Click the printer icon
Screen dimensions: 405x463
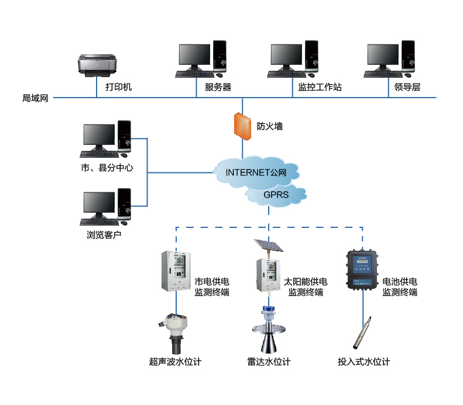[x=98, y=65]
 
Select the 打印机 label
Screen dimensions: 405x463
[x=119, y=87]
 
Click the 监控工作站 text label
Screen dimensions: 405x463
[x=320, y=87]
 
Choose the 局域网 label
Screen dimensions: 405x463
[x=35, y=98]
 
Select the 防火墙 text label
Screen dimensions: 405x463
[x=270, y=126]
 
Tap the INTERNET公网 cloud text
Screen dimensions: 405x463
[x=256, y=172]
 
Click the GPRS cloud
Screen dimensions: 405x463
[x=276, y=195]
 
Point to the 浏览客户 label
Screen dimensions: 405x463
[x=104, y=236]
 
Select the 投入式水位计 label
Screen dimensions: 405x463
[x=363, y=362]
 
